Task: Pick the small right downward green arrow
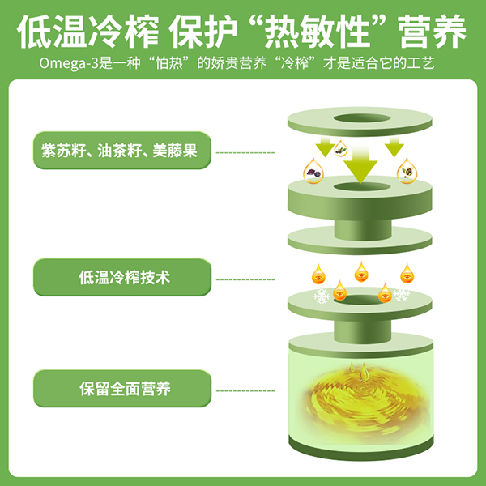[x=394, y=147]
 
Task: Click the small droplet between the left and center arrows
[x=342, y=149]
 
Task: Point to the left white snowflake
[x=322, y=296]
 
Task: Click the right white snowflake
[x=400, y=295]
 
